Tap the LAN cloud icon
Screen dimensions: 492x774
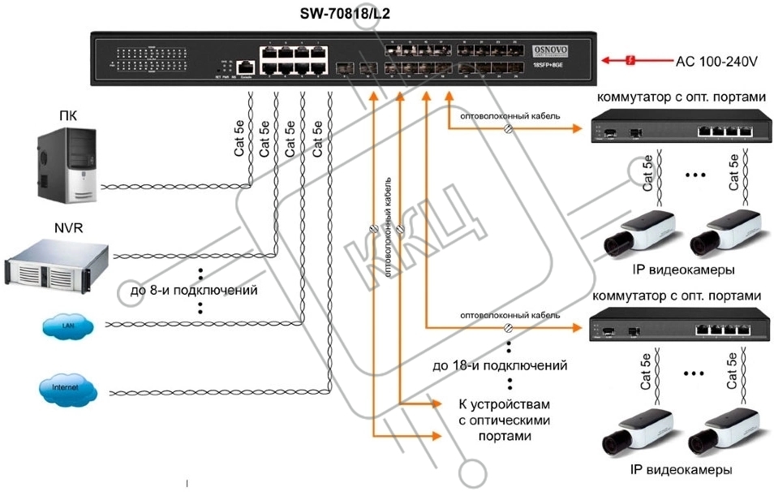click(x=70, y=326)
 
